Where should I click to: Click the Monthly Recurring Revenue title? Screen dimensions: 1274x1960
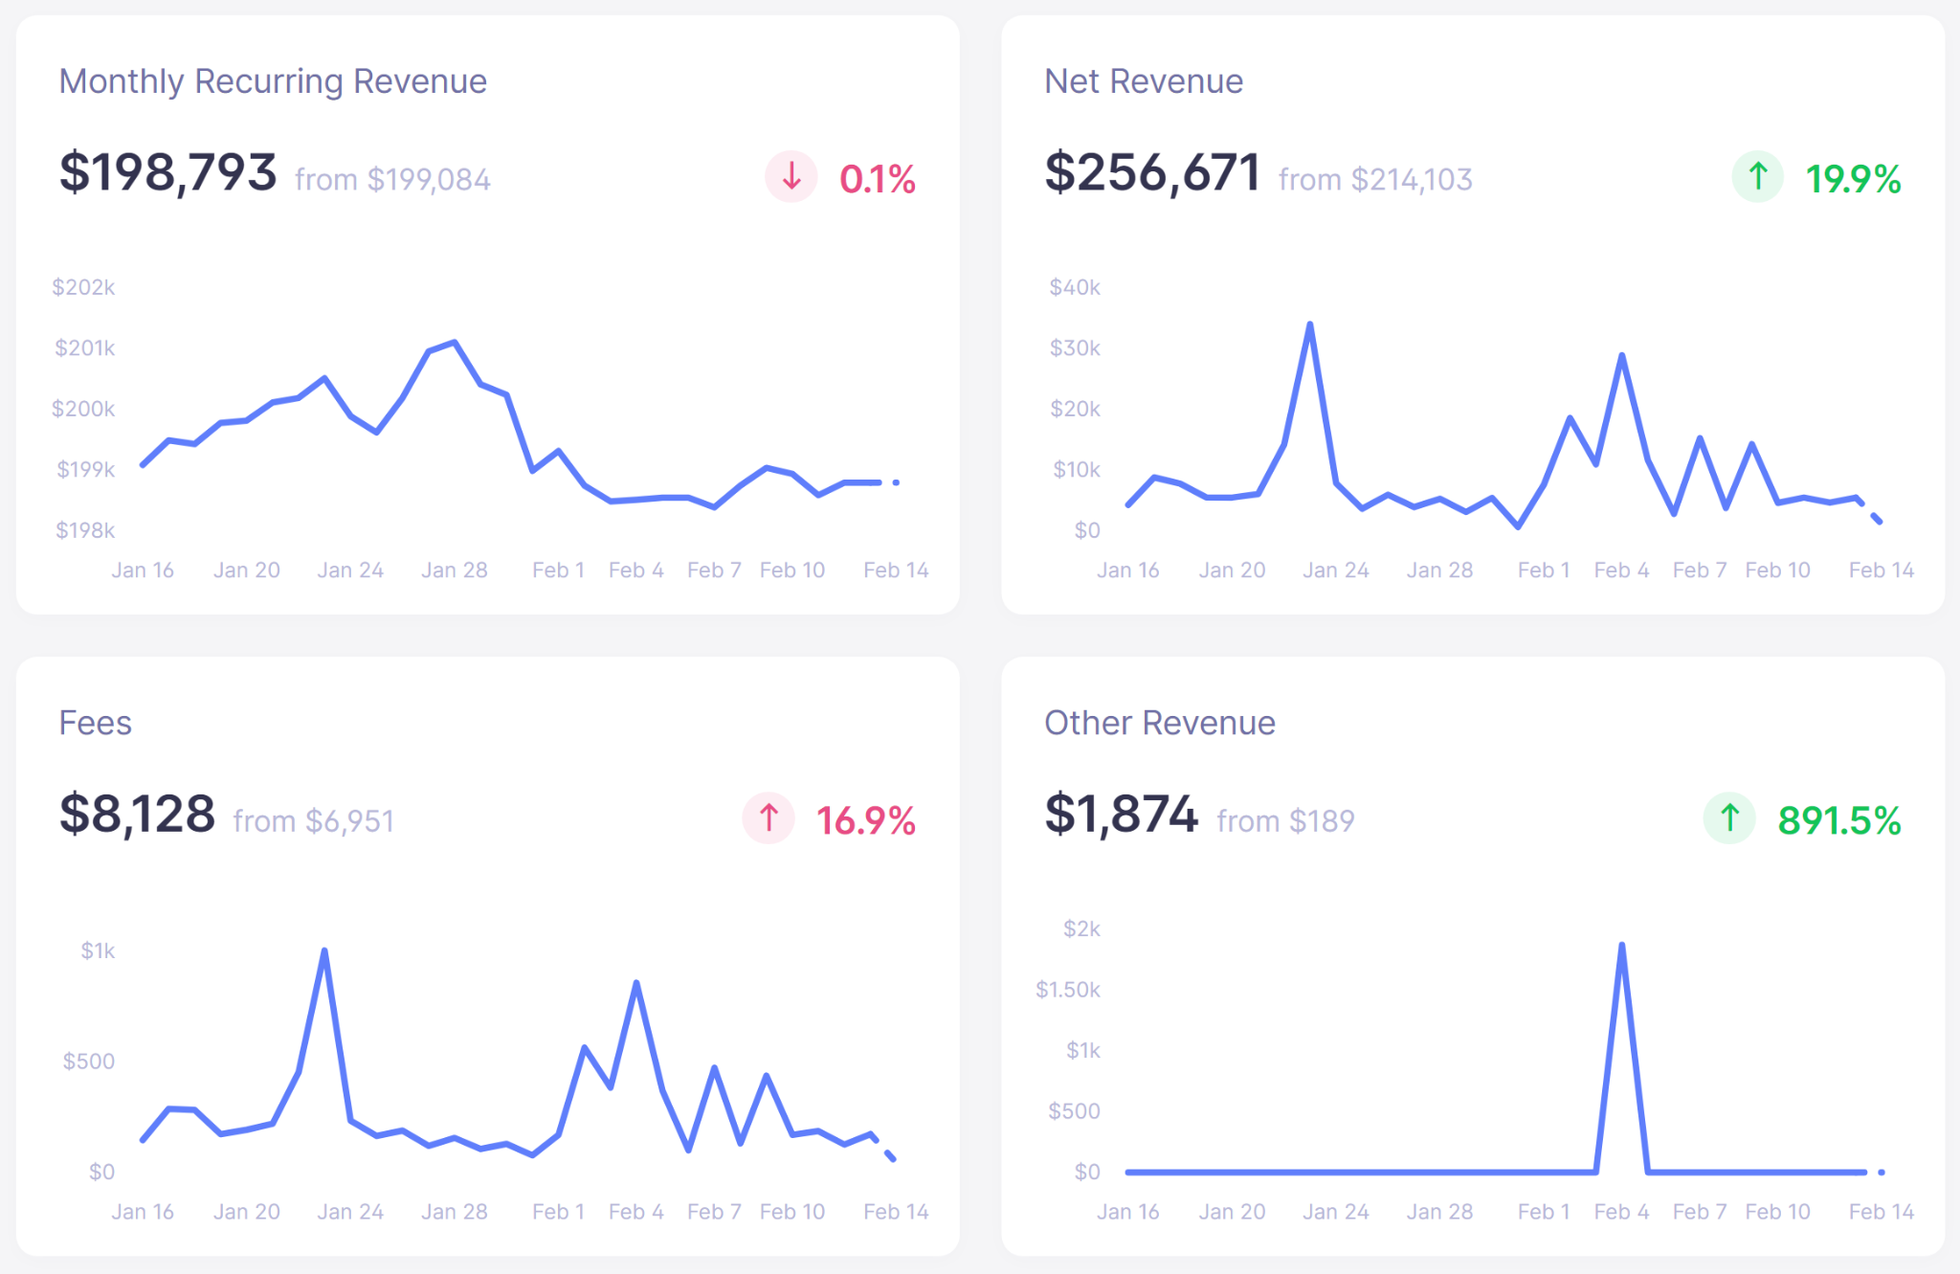point(273,81)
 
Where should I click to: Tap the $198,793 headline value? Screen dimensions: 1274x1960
point(167,173)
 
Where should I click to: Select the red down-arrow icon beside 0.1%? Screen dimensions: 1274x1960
point(791,177)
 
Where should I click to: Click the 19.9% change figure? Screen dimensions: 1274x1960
point(1853,179)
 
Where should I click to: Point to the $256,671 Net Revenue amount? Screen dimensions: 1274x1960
point(1151,173)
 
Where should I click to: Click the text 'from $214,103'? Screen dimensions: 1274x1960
point(1375,179)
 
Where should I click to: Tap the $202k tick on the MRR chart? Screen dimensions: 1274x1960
point(83,287)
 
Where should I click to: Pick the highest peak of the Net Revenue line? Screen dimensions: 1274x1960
point(1309,325)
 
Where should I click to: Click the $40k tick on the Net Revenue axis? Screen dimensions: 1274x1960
point(1075,287)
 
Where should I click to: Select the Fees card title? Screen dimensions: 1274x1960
point(95,723)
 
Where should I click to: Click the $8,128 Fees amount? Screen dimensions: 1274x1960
point(137,815)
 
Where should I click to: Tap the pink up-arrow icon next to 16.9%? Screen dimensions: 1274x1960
point(768,818)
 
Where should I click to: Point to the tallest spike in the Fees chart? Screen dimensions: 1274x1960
point(324,951)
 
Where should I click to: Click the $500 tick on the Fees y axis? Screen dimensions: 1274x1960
point(88,1061)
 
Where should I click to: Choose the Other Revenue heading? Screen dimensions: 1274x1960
point(1159,723)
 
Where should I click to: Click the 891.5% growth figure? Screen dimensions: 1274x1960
point(1838,820)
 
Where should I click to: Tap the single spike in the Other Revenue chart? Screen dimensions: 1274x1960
point(1621,946)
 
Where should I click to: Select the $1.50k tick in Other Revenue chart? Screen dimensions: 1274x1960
point(1067,989)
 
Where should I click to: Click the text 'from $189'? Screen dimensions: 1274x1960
point(1285,820)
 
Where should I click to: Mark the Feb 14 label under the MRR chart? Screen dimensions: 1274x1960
point(896,570)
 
